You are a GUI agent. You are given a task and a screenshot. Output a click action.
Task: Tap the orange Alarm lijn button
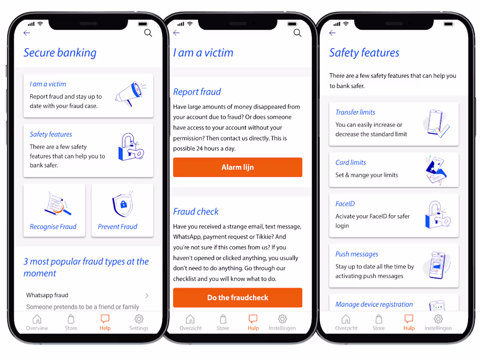point(237,167)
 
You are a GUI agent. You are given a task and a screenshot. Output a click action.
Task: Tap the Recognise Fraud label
point(53,226)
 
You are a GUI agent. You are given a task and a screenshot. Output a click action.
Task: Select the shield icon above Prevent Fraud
point(123,205)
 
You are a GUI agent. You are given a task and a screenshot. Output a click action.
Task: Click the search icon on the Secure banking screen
point(148,33)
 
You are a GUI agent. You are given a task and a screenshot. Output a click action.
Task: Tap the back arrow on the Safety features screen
point(333,33)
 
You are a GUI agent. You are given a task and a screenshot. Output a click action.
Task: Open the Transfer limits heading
point(355,112)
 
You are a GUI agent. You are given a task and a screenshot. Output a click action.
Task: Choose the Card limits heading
point(350,163)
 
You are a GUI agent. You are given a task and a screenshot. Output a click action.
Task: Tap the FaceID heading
point(345,204)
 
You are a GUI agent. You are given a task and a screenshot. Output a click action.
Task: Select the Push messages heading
point(357,254)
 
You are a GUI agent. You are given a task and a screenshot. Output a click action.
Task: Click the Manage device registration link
point(374,304)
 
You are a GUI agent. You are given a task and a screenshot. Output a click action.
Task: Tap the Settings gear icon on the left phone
point(139,319)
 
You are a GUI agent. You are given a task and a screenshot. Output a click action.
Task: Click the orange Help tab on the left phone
point(105,322)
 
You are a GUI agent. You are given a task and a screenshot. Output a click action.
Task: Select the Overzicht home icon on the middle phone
point(190,319)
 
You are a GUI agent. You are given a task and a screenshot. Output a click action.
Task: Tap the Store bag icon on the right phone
point(379,319)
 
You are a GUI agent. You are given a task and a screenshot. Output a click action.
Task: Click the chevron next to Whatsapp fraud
point(147,295)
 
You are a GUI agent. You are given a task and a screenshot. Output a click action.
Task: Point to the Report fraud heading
point(197,92)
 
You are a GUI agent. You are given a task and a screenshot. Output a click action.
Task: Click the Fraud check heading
point(196,212)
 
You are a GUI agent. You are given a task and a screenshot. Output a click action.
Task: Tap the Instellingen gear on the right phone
point(438,319)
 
